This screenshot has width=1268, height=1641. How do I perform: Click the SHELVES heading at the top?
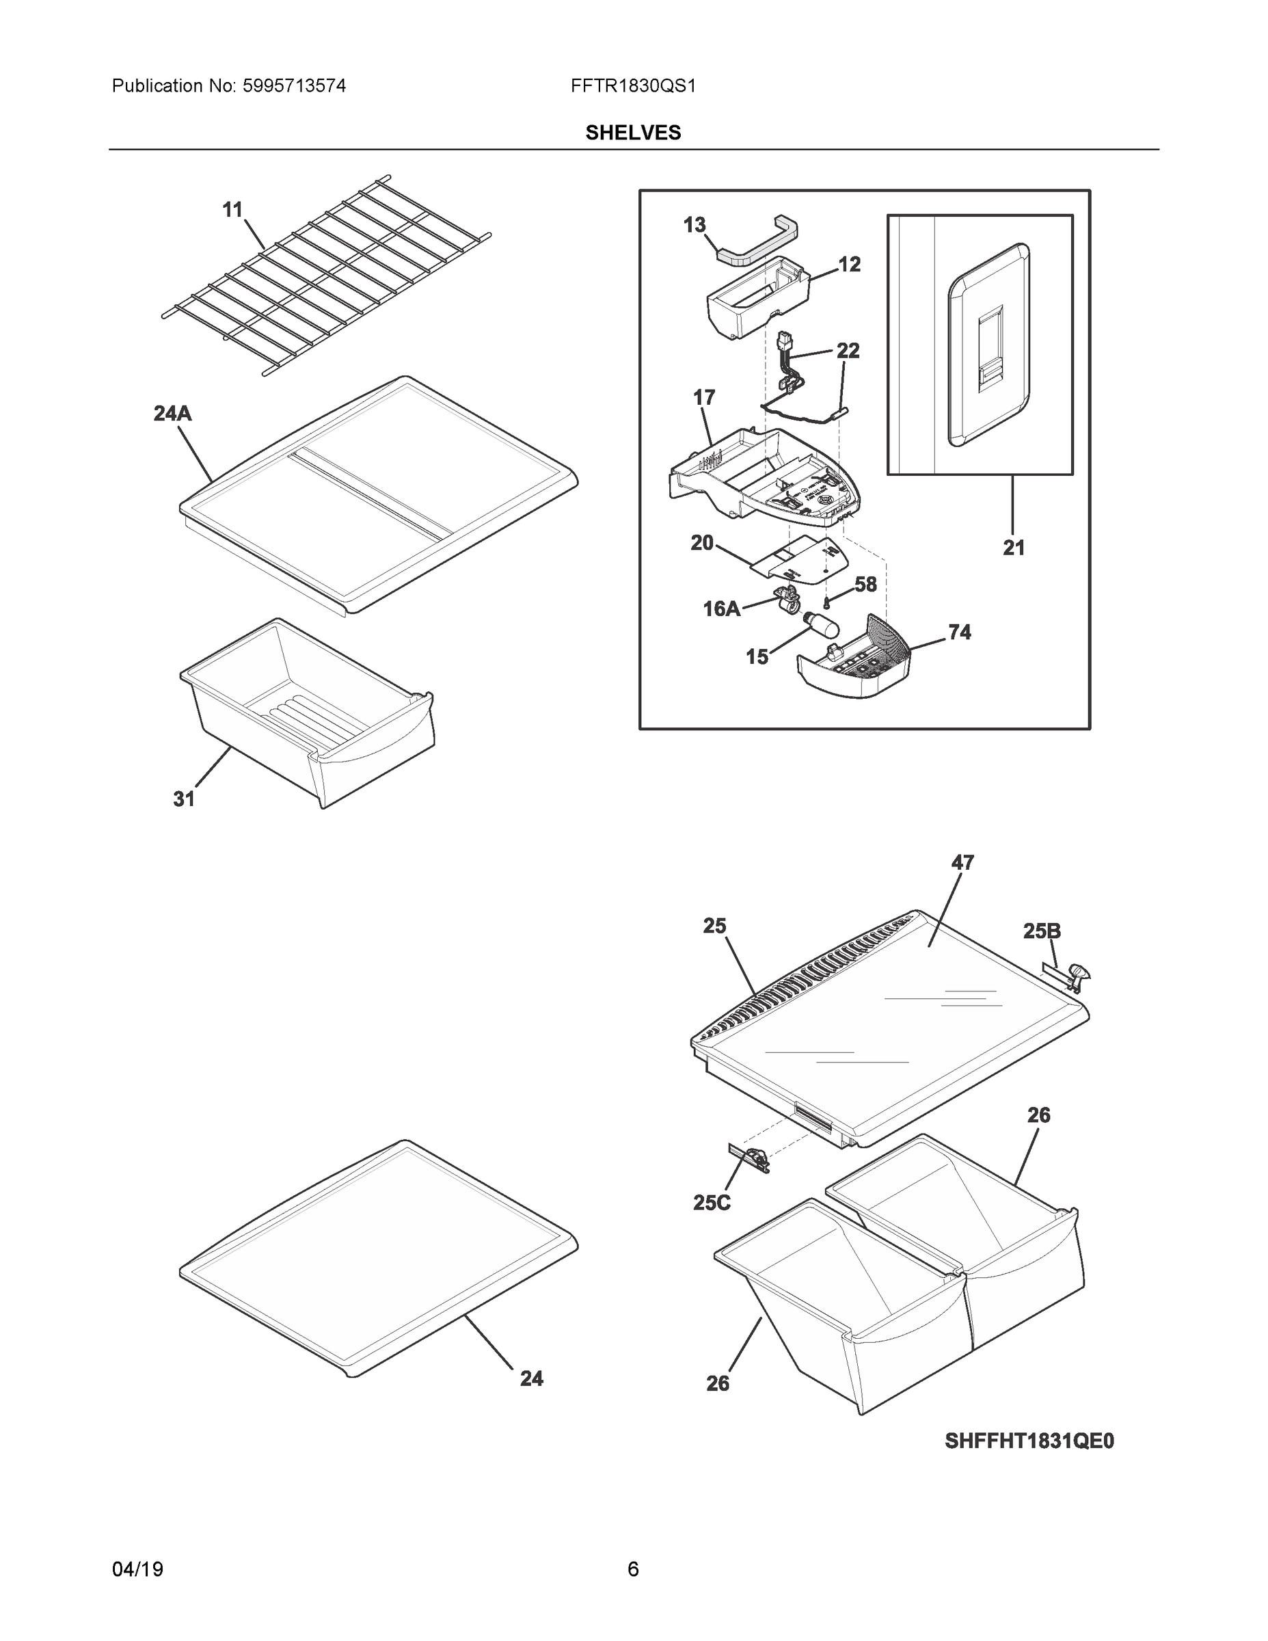tap(632, 133)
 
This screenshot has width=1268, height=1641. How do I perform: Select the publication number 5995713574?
tap(294, 86)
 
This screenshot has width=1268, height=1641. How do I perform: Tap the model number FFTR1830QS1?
tap(632, 86)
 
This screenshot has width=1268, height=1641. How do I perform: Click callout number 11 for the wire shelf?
tap(233, 210)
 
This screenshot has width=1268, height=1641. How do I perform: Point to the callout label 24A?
tap(172, 413)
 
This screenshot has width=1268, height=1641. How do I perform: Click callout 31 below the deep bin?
tap(184, 799)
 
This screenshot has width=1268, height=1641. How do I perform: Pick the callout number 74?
tap(959, 632)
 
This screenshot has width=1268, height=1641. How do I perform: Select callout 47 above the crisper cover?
tap(962, 864)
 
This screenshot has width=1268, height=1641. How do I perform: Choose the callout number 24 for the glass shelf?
tap(531, 1378)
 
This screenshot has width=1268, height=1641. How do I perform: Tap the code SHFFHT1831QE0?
tap(1029, 1441)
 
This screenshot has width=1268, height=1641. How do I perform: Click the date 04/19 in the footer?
tap(137, 1570)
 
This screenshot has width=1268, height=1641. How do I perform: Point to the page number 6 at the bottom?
tap(632, 1570)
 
